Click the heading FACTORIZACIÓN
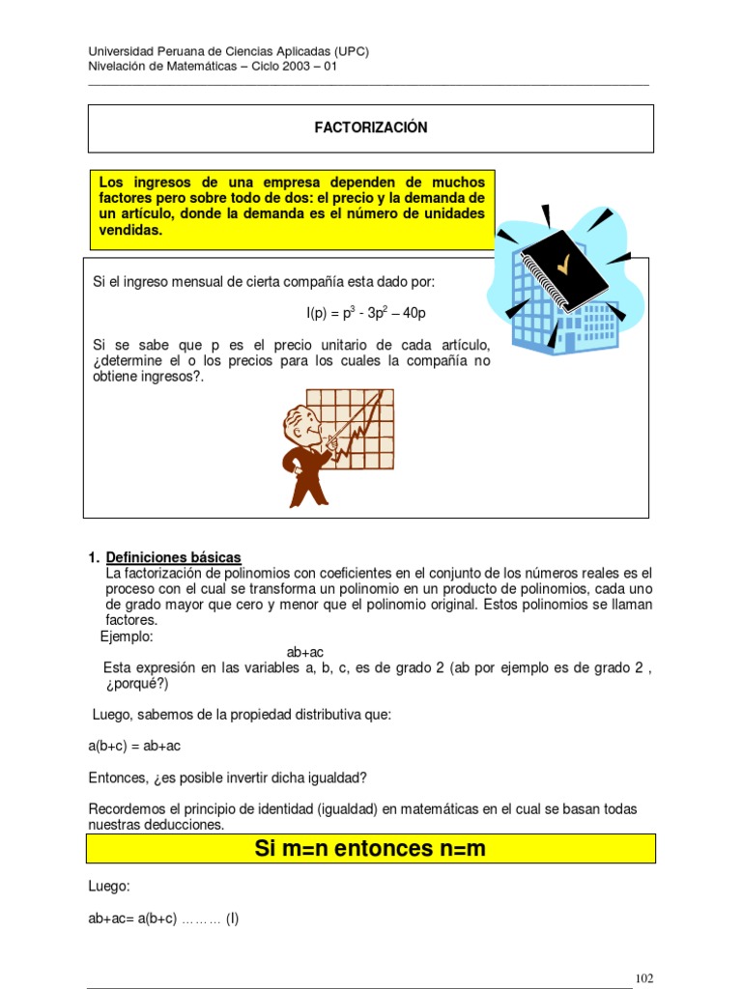371,127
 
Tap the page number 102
644,978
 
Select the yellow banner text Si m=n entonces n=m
370,849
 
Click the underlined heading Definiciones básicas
174,557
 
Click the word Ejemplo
127,636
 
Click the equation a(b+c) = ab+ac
134,746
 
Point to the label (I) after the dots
232,918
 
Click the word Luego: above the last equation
109,886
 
